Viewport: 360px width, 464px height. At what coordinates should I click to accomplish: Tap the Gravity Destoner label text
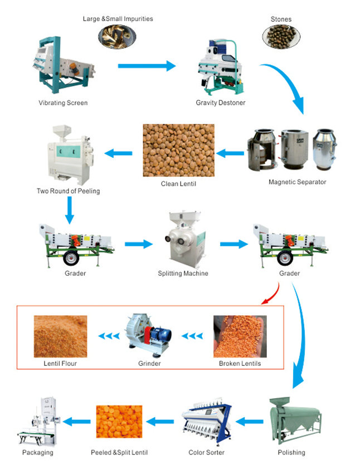tap(220, 103)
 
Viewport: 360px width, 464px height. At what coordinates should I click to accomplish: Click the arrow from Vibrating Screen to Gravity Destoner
tap(146, 66)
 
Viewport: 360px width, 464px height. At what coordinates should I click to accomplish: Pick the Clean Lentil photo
tap(178, 150)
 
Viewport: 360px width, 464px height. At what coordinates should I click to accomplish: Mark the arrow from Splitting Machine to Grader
tap(233, 244)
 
